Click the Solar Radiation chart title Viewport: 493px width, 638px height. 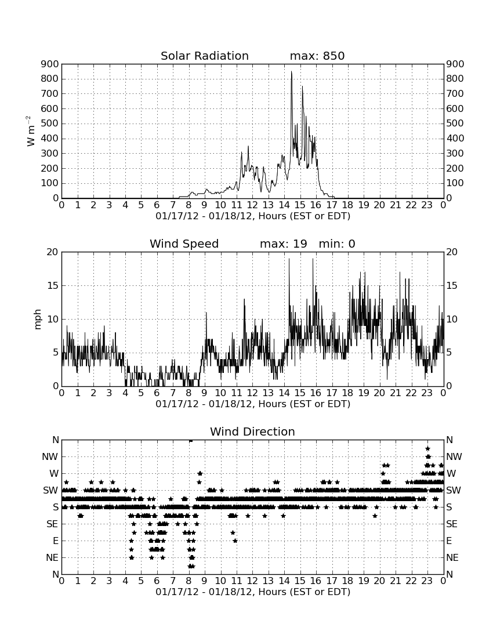pyautogui.click(x=205, y=56)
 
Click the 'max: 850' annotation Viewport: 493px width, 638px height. pyautogui.click(x=317, y=56)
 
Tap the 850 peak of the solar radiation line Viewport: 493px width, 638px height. pyautogui.click(x=291, y=71)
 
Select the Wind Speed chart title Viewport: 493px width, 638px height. pyautogui.click(x=184, y=244)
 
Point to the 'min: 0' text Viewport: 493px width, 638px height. pyautogui.click(x=337, y=244)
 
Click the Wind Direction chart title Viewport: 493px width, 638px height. pyautogui.click(x=253, y=432)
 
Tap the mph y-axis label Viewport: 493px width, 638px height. pyautogui.click(x=38, y=319)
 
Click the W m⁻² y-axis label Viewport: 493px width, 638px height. pyautogui.click(x=31, y=131)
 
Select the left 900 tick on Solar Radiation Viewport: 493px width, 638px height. pyautogui.click(x=50, y=64)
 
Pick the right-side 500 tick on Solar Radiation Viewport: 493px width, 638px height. pyautogui.click(x=455, y=124)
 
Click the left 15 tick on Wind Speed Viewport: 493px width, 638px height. pyautogui.click(x=53, y=285)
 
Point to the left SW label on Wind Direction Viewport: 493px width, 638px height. pyautogui.click(x=51, y=490)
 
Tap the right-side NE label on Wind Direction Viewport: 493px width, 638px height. pyautogui.click(x=452, y=557)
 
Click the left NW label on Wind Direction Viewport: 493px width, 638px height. pyautogui.click(x=50, y=456)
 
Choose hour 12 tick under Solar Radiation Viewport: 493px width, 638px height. pyautogui.click(x=252, y=205)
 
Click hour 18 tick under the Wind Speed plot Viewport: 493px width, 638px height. pyautogui.click(x=347, y=393)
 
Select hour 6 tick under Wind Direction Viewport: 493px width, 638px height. pyautogui.click(x=157, y=581)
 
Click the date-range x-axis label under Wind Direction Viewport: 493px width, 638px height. pyautogui.click(x=253, y=592)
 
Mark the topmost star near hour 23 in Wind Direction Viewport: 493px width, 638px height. pyautogui.click(x=427, y=448)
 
